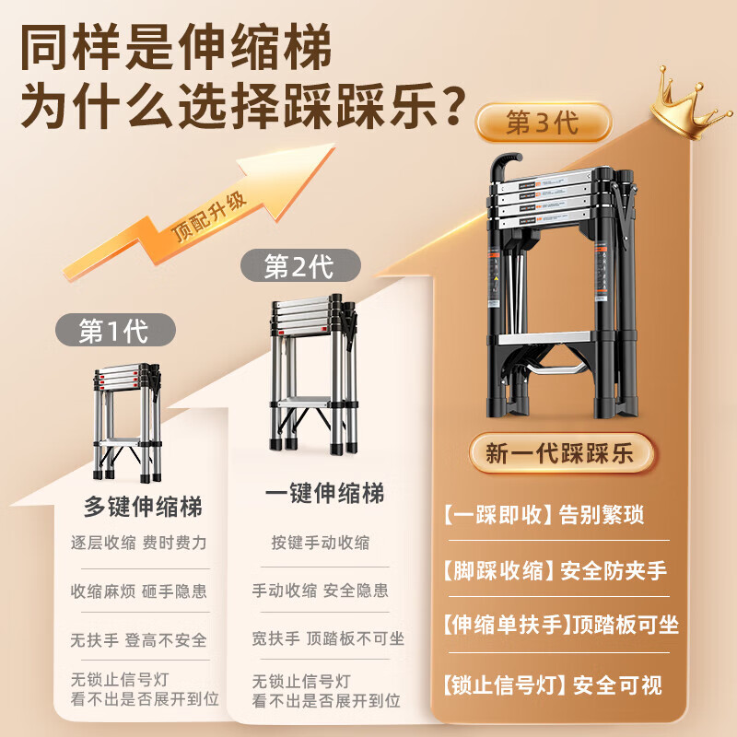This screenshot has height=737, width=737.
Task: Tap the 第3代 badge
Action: (542, 122)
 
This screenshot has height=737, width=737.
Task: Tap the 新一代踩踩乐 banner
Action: (561, 453)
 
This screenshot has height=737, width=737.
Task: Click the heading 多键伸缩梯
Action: (142, 506)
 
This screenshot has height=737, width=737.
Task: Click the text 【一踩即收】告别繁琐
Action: (543, 514)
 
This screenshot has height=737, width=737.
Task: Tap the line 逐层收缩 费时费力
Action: (138, 543)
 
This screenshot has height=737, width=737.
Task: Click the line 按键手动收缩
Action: (320, 543)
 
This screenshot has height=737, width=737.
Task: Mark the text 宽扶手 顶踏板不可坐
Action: (327, 638)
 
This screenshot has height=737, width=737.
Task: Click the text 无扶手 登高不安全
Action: (138, 639)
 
